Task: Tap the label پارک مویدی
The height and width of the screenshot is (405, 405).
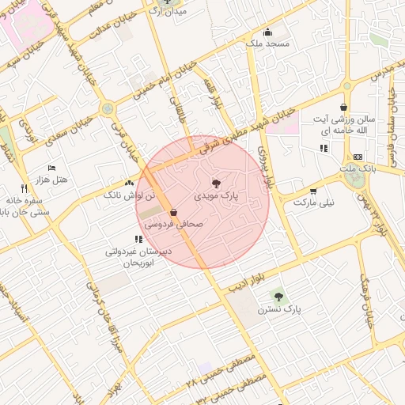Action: click(217, 194)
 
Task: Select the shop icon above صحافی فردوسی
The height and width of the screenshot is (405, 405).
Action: click(173, 212)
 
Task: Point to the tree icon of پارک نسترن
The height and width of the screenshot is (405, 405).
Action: click(278, 295)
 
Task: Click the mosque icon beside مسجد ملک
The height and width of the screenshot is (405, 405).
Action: click(268, 32)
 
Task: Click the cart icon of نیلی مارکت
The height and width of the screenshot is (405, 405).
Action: click(314, 191)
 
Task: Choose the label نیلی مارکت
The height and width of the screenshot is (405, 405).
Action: click(314, 202)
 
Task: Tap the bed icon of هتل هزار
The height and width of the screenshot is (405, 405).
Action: click(52, 168)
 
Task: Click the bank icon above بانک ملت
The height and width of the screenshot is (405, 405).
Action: click(358, 157)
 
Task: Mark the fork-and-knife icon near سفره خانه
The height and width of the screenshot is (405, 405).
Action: click(24, 188)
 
